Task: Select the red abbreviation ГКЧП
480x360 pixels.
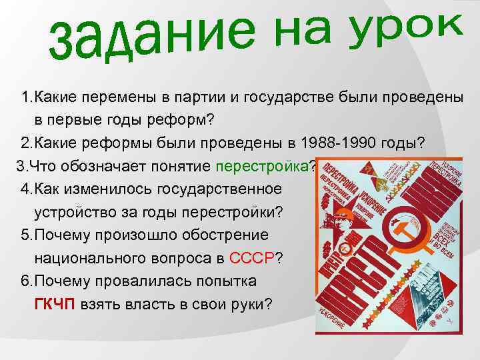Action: (55, 305)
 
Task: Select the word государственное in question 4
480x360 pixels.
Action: (217, 189)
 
